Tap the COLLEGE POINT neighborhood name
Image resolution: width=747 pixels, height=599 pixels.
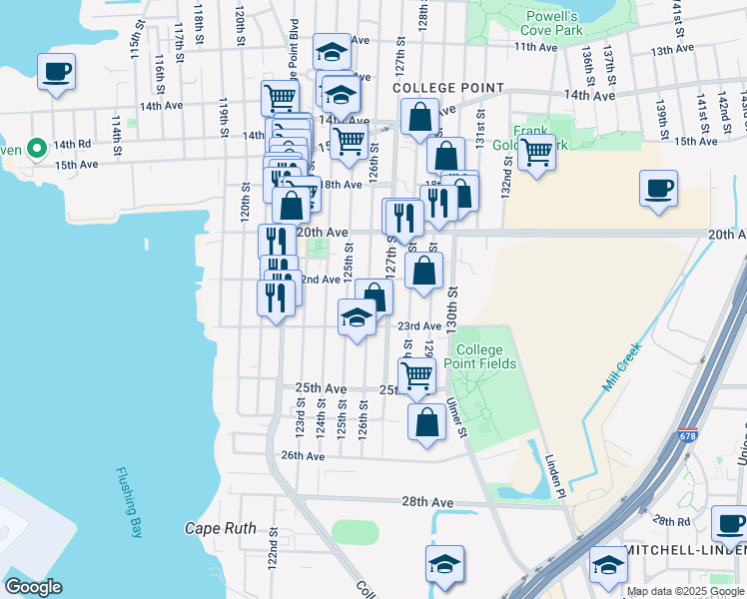pyautogui.click(x=448, y=88)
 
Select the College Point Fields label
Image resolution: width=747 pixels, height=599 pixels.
pyautogui.click(x=485, y=356)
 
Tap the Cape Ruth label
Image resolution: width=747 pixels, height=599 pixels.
pyautogui.click(x=221, y=528)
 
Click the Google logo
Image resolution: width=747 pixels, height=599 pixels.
pyautogui.click(x=34, y=587)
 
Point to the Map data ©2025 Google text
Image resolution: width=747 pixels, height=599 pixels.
pyautogui.click(x=685, y=591)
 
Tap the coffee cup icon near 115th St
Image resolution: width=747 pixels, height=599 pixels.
pyautogui.click(x=55, y=72)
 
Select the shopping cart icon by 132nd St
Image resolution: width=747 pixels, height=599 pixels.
pyautogui.click(x=536, y=153)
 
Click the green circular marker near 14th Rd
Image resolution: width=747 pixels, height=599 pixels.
pyautogui.click(x=37, y=150)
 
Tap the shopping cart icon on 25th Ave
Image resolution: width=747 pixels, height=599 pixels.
pyautogui.click(x=416, y=375)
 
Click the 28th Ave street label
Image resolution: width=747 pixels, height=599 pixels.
pyautogui.click(x=426, y=502)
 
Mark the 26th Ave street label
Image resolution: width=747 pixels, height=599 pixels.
pyautogui.click(x=304, y=455)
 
